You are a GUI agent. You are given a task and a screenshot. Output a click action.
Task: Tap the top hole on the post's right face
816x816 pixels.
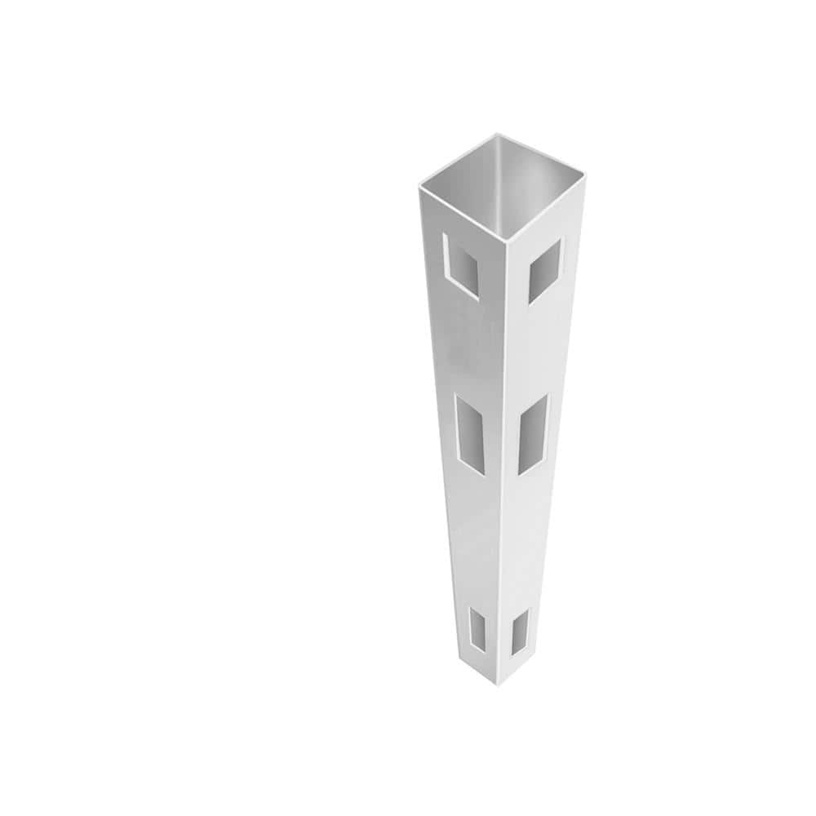pos(545,271)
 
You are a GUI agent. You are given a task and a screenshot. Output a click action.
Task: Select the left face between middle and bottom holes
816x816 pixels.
pos(481,539)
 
